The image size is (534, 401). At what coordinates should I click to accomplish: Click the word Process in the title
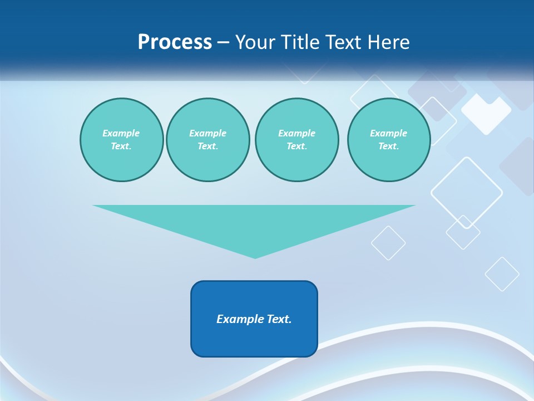pos(175,42)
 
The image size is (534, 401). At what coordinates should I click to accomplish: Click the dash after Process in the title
pos(224,43)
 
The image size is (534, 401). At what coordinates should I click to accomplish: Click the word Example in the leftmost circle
pos(121,133)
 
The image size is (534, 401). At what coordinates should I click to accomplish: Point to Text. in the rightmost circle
pos(388,146)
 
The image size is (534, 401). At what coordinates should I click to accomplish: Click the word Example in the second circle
pos(207,133)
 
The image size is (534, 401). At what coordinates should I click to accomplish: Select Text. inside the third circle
pos(296,146)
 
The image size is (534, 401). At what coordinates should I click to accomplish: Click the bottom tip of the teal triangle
pos(255,257)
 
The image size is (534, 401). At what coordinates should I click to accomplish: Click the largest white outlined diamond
pos(466,193)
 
